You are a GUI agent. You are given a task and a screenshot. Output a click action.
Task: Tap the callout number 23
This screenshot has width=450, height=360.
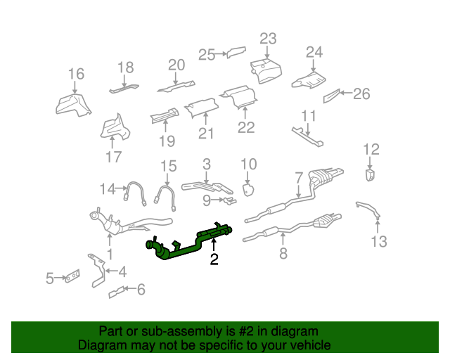[268, 38]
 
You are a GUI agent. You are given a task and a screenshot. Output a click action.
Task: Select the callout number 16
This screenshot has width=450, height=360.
[76, 74]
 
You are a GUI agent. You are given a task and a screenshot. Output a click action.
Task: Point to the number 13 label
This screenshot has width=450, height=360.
[379, 243]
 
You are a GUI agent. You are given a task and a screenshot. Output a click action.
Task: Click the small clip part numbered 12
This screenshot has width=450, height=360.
[370, 174]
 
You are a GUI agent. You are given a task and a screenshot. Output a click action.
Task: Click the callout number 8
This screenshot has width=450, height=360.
[283, 254]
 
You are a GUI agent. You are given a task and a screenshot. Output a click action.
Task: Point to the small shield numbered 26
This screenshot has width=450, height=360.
[331, 96]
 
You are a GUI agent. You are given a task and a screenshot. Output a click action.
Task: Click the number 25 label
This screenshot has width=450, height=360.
[205, 54]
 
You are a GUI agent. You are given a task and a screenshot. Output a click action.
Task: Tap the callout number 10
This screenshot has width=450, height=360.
[249, 165]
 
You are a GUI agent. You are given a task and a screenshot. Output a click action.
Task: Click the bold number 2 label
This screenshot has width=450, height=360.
[214, 260]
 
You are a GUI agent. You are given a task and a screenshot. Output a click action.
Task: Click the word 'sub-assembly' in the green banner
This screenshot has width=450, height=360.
[165, 331]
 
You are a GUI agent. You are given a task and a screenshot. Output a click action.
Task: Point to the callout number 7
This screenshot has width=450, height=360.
[298, 176]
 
